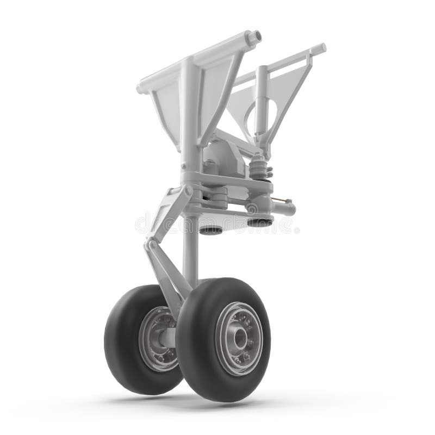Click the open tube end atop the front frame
pyautogui.click(x=254, y=37)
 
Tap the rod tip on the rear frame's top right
pyautogui.click(x=321, y=48)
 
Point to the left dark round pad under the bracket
pyautogui.click(x=210, y=229)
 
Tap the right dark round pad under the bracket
pyautogui.click(x=259, y=222)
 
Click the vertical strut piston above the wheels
pyautogui.click(x=190, y=250)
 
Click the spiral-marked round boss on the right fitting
pyautogui.click(x=252, y=208)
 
